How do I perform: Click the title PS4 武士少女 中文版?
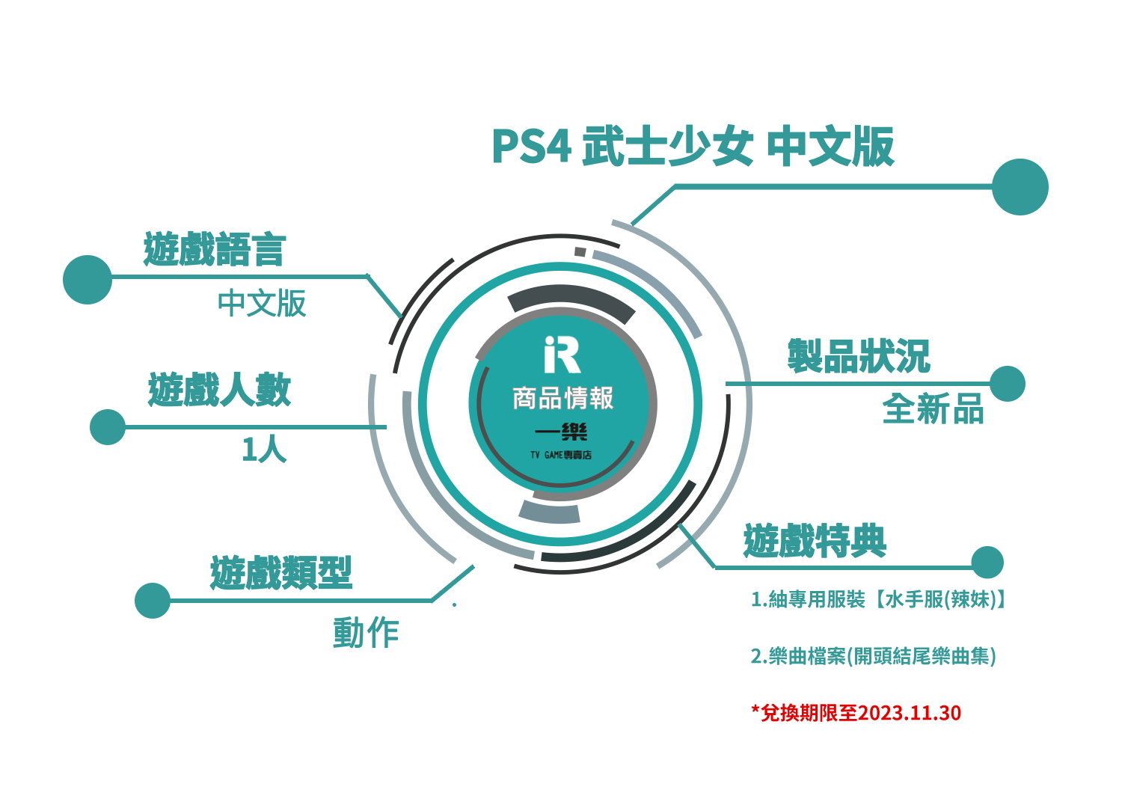tap(693, 146)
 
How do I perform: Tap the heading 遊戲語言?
tap(215, 249)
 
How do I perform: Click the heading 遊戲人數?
tap(219, 389)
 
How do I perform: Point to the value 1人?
tap(264, 449)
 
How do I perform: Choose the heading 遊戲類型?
tap(281, 572)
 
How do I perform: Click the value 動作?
tap(366, 633)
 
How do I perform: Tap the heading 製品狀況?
tap(859, 355)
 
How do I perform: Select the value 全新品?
tap(933, 408)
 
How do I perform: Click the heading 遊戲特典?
tap(815, 541)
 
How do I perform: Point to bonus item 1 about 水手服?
tap(879, 599)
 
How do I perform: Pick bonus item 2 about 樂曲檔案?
tap(873, 656)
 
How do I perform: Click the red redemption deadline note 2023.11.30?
tap(856, 713)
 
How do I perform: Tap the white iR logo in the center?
tap(562, 355)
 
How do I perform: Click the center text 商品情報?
tap(563, 398)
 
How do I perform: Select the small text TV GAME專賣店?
tap(561, 455)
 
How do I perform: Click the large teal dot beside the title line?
tap(1020, 187)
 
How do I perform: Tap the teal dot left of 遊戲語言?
tap(88, 280)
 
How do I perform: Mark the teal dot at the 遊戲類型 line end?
tap(153, 600)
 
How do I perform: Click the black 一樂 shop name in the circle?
tap(561, 431)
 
